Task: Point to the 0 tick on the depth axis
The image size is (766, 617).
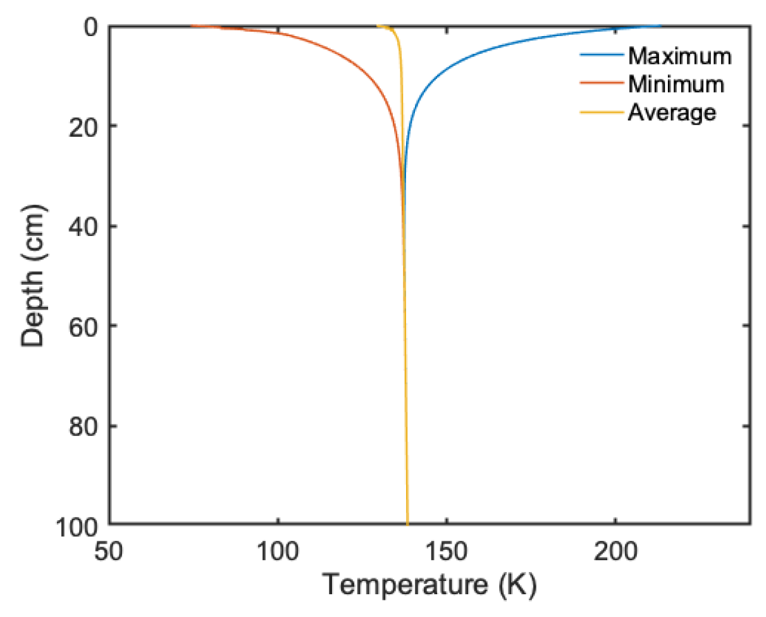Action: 92,27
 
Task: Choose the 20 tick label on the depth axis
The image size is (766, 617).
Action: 84,126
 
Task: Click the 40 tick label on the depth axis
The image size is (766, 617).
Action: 84,226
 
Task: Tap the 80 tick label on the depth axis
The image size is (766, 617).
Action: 84,425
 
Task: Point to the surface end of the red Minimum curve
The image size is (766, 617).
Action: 192,27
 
